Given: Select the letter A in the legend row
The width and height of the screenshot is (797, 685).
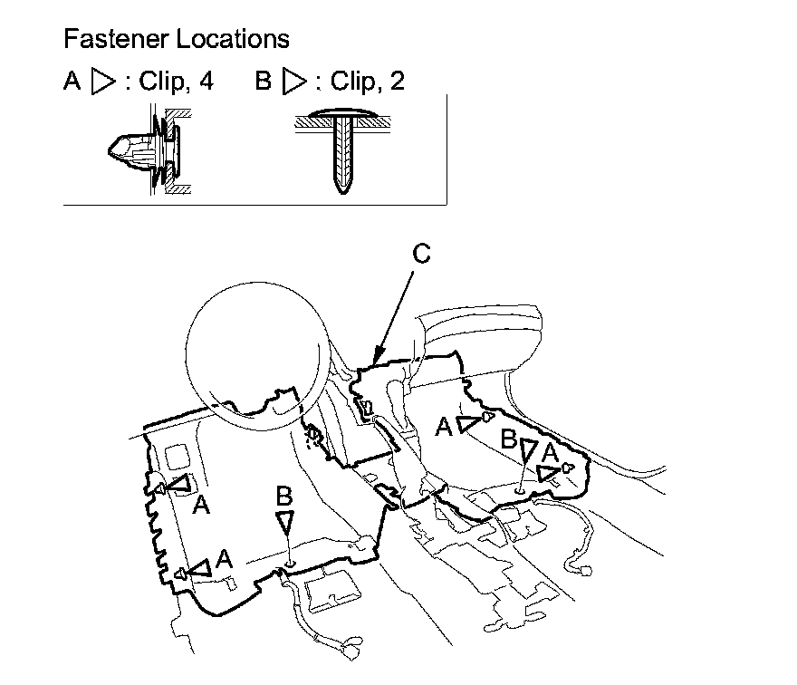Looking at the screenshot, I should [72, 82].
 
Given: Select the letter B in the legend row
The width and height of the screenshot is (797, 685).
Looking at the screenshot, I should [264, 82].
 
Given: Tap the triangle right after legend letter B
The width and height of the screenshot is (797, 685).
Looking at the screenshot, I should [294, 82].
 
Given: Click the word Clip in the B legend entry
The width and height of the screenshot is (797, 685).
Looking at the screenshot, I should [352, 82].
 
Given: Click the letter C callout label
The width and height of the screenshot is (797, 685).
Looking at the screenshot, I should [421, 255].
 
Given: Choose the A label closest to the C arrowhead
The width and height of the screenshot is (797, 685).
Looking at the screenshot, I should [444, 427].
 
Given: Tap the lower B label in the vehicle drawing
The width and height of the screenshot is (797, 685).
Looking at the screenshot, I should [284, 496].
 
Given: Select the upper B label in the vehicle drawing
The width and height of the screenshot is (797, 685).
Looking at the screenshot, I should [510, 440].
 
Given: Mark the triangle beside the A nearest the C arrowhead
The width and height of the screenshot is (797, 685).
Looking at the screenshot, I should [468, 423].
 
